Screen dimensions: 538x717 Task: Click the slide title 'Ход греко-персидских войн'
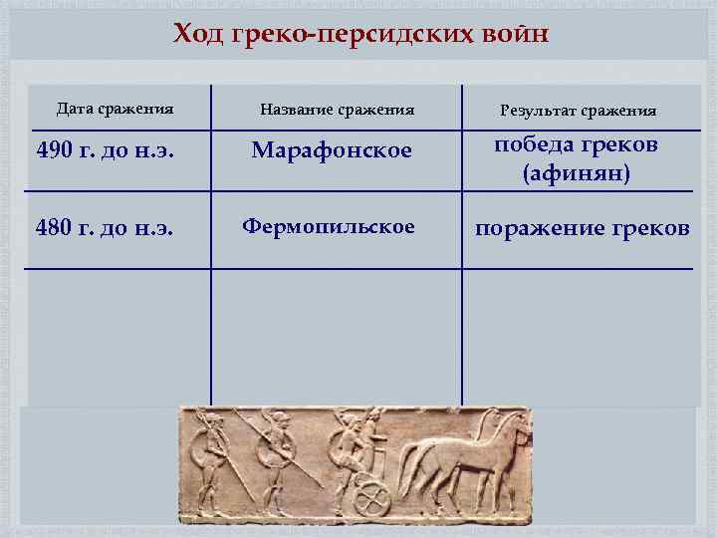(x=360, y=36)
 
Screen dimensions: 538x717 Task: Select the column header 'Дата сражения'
(x=115, y=108)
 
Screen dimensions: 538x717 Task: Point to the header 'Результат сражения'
(x=578, y=111)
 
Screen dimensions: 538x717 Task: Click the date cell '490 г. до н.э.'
(x=106, y=151)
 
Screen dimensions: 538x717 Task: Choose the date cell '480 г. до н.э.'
(x=106, y=228)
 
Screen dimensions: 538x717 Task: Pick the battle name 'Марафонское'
(x=332, y=150)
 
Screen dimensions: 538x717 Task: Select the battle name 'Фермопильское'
(x=329, y=226)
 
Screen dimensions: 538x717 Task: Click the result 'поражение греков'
(x=582, y=228)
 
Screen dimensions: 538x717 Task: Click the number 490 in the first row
(x=54, y=151)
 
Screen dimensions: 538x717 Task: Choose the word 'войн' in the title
(x=516, y=36)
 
